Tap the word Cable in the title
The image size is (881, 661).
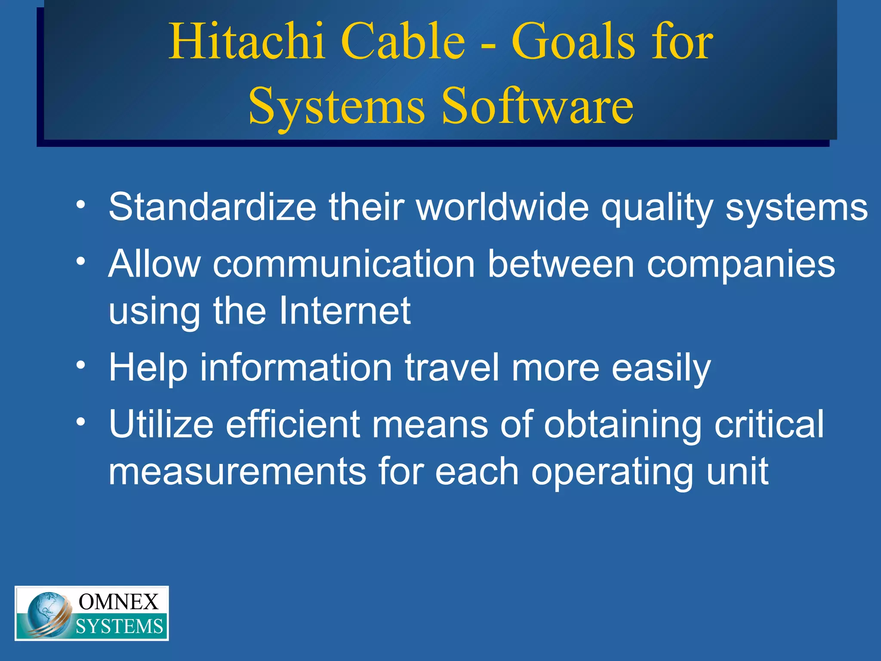tap(403, 42)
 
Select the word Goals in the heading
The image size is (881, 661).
tap(573, 42)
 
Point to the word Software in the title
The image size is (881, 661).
tap(537, 105)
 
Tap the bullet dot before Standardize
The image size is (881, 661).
tap(80, 204)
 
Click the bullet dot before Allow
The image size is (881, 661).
tap(80, 261)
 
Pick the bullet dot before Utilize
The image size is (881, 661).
tap(80, 422)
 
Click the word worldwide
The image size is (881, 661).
tap(502, 207)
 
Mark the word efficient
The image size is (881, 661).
tap(293, 424)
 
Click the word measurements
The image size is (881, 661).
tap(237, 472)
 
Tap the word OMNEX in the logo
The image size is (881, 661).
tap(119, 602)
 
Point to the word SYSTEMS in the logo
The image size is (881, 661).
tap(120, 627)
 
